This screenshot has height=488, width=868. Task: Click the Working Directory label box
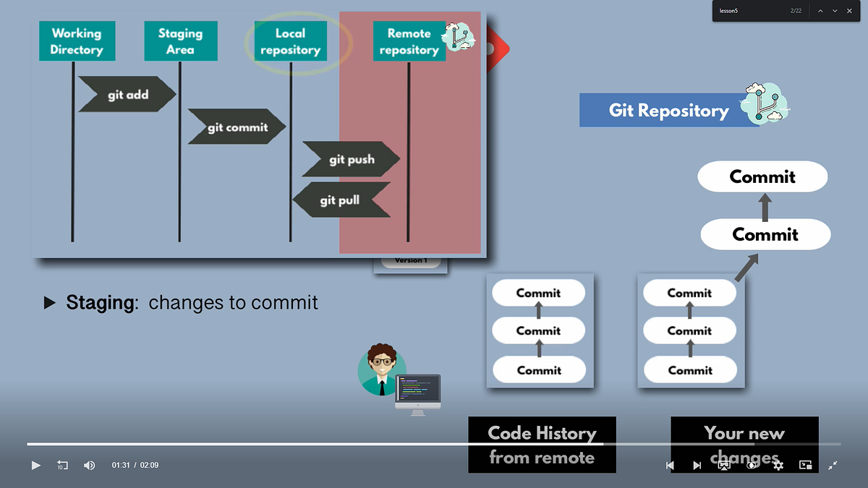coord(77,41)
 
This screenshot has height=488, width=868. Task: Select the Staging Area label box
coord(180,41)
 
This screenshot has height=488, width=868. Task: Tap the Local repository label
coord(290,41)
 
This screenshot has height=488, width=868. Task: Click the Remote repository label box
coord(409,41)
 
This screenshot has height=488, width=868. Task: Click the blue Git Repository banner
coord(668,111)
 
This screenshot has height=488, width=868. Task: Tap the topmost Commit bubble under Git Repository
coord(762,176)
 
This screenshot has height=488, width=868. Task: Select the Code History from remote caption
coord(542,445)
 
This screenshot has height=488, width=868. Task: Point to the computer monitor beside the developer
coord(418,391)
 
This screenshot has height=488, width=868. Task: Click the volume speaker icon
coord(89,465)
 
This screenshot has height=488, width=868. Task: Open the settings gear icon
coord(778,465)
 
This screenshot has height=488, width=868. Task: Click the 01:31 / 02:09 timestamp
coord(135,465)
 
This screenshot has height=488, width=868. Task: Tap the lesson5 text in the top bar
coord(728,11)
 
